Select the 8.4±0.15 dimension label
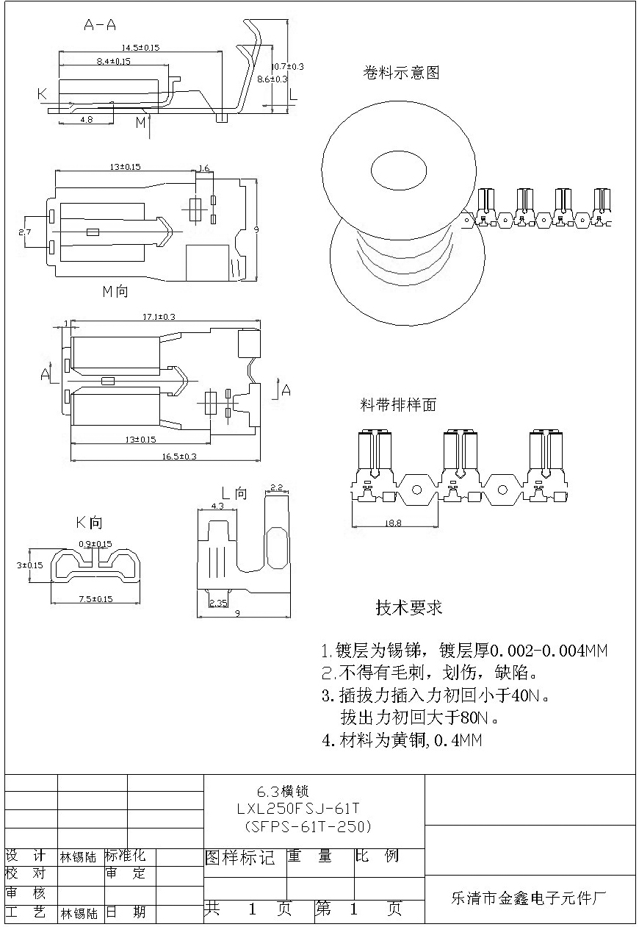click(113, 62)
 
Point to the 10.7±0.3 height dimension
click(287, 66)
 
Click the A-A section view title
click(100, 25)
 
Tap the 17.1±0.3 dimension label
click(158, 317)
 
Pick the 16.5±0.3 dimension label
click(179, 457)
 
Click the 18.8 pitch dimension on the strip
click(393, 523)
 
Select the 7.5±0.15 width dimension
click(95, 599)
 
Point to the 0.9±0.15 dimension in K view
click(95, 544)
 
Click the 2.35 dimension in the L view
click(218, 603)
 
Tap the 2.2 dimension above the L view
click(277, 487)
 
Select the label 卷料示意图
click(401, 73)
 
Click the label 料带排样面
click(398, 405)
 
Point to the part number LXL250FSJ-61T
click(299, 809)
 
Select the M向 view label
click(115, 291)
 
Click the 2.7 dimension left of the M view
click(24, 232)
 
